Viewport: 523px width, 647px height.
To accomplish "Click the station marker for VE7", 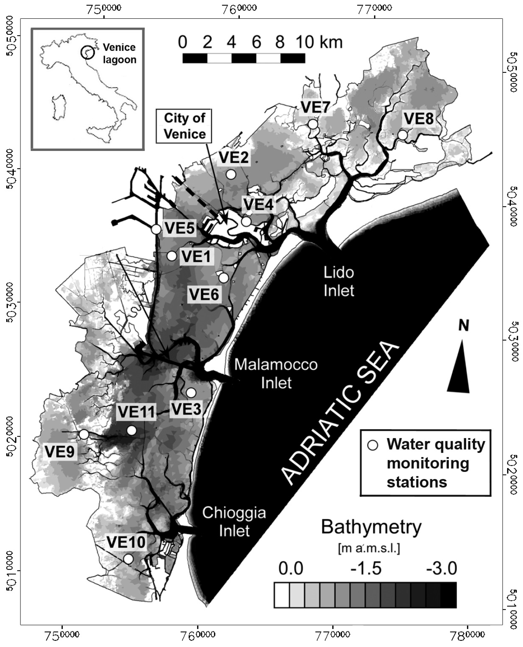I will click(x=313, y=124).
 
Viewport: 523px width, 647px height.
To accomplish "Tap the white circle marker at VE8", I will click(x=402, y=135).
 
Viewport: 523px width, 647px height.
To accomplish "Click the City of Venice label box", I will click(x=184, y=126).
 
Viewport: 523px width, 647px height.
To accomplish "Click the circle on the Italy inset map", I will click(x=88, y=52).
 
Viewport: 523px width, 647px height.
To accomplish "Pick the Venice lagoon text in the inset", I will click(x=119, y=53).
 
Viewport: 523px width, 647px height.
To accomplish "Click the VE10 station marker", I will click(x=128, y=559).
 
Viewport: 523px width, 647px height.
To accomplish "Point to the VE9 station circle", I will click(x=84, y=434).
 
